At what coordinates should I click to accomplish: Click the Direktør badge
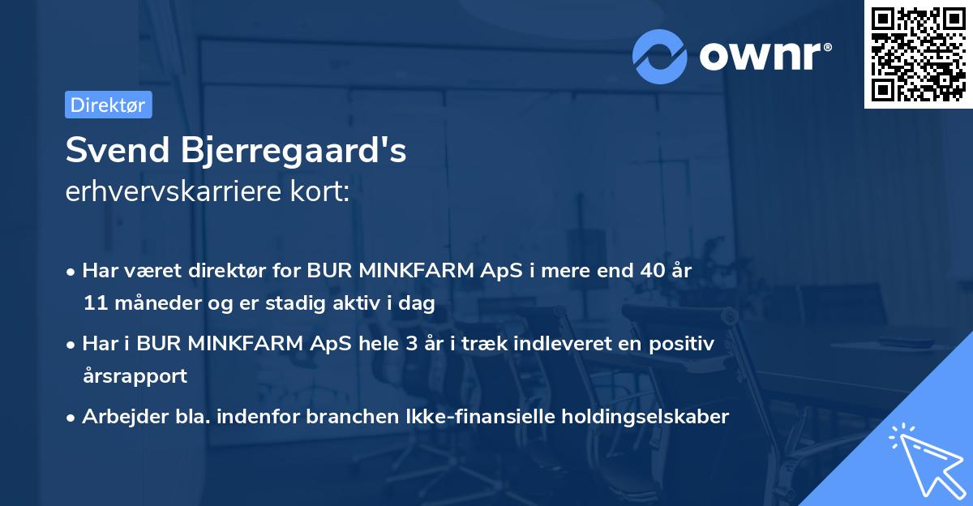point(108,105)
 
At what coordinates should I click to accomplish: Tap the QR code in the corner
point(918,54)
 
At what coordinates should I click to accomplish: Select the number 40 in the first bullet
point(649,271)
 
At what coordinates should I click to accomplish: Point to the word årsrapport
point(135,376)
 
